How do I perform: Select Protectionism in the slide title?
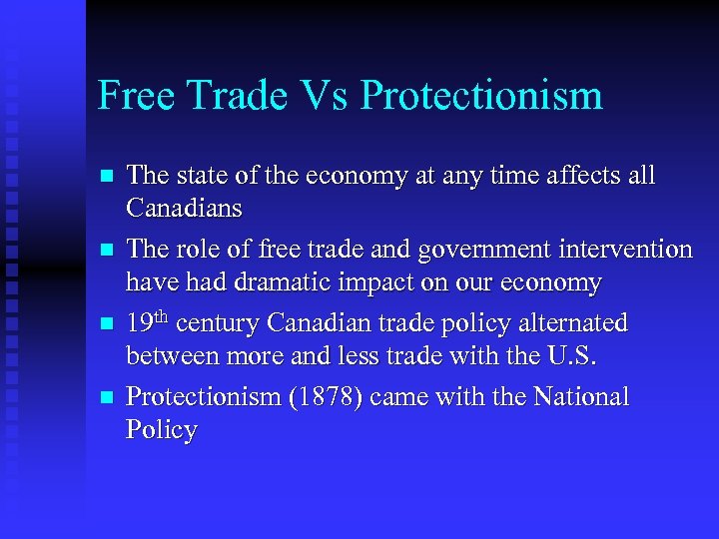click(482, 97)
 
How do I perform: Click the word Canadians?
click(185, 209)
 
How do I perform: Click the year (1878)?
click(325, 397)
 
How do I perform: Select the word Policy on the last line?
click(162, 430)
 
